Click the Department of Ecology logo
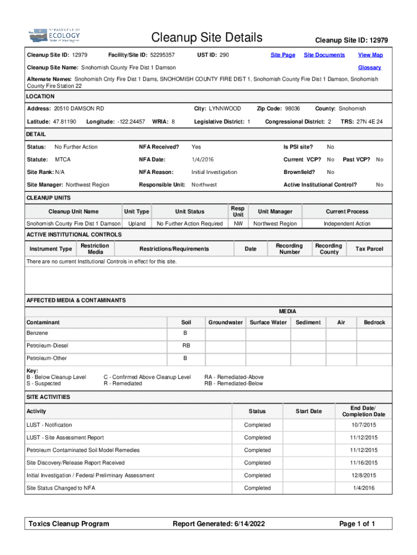55,36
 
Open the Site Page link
283,55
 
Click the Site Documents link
324,55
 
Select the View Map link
370,55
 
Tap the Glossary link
369,68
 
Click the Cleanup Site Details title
207,37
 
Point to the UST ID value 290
224,55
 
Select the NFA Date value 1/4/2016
203,159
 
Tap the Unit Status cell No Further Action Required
190,223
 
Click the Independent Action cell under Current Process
347,223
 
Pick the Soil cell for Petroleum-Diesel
185,345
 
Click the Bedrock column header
374,322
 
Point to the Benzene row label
37,333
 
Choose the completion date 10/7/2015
363,425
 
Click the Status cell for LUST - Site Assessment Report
257,437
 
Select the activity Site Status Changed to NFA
60,488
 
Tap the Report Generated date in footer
218,524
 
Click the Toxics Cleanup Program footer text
69,524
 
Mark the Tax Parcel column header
369,249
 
